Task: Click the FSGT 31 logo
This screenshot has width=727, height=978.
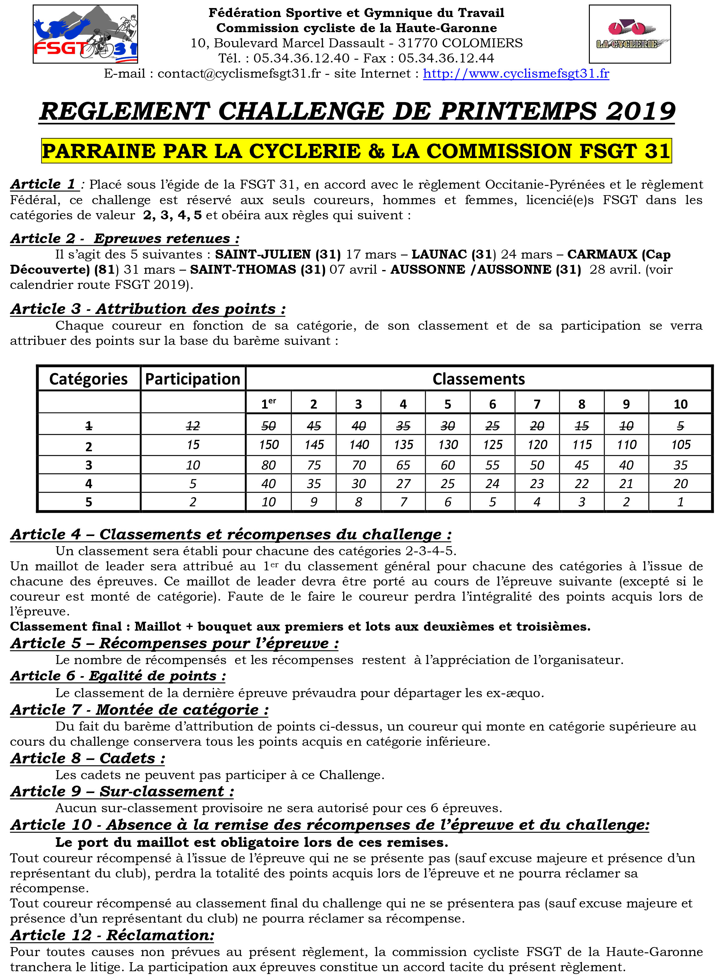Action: coord(85,34)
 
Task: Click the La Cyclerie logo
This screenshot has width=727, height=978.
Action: coord(629,34)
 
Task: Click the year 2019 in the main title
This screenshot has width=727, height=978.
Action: coord(640,111)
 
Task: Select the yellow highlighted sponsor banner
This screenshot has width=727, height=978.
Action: coord(357,151)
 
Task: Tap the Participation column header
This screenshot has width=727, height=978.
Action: coord(193,379)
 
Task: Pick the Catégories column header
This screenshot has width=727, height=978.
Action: coord(88,379)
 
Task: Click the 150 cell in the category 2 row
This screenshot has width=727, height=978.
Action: coord(268,445)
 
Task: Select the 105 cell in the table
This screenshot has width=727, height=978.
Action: coord(680,445)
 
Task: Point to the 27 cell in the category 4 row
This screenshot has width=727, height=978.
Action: coord(403,484)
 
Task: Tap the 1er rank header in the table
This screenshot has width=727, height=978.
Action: coord(268,404)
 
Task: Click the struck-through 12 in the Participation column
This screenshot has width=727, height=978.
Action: coord(193,426)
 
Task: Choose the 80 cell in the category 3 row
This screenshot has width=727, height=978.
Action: coord(268,465)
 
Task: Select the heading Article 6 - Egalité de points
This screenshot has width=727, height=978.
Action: coord(118,676)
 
